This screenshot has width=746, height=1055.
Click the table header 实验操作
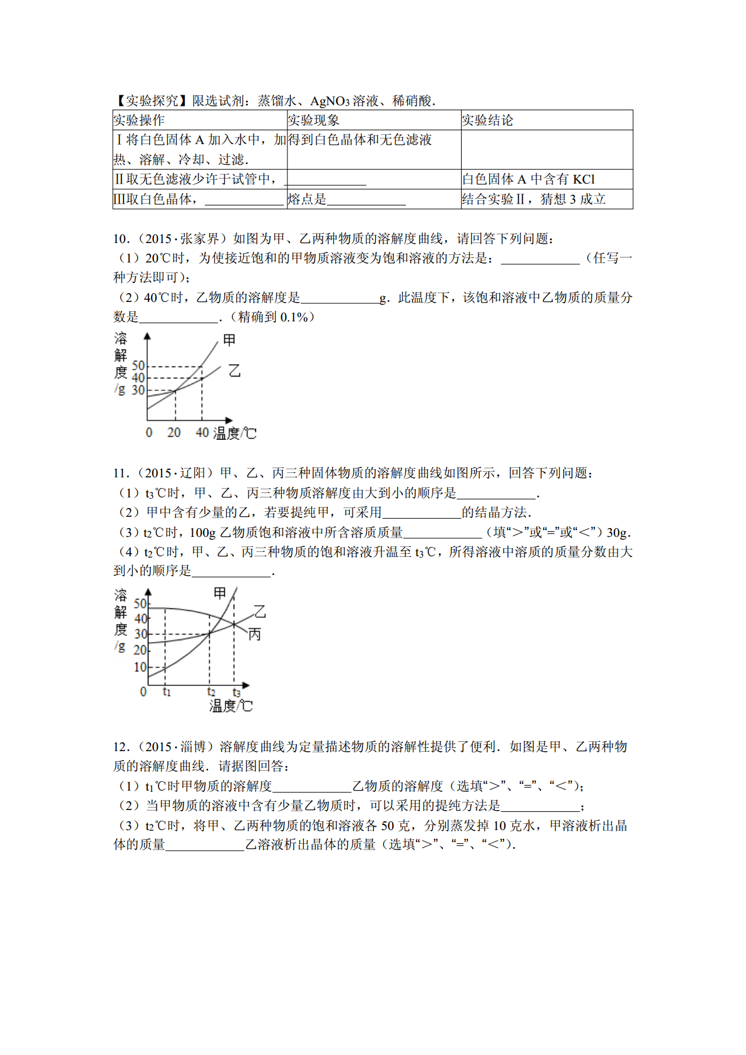pyautogui.click(x=139, y=120)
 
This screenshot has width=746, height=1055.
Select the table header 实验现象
pyautogui.click(x=314, y=120)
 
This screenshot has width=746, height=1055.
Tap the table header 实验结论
pyautogui.click(x=487, y=120)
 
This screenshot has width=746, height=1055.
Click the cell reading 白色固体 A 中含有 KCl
pyautogui.click(x=528, y=179)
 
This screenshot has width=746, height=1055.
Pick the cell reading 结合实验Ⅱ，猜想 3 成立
pyautogui.click(x=534, y=199)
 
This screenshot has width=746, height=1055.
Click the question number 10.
pyautogui.click(x=121, y=239)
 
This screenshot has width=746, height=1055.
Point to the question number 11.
pyautogui.click(x=121, y=473)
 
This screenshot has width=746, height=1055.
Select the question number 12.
pyautogui.click(x=121, y=747)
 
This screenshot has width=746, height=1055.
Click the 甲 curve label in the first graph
pyautogui.click(x=229, y=340)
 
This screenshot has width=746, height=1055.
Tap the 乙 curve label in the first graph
pyautogui.click(x=234, y=371)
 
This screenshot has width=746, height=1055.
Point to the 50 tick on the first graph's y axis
pyautogui.click(x=138, y=365)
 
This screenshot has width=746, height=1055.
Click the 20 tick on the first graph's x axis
pyautogui.click(x=174, y=433)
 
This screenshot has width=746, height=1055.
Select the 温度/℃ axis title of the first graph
pyautogui.click(x=235, y=434)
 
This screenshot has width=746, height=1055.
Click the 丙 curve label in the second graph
pyautogui.click(x=254, y=635)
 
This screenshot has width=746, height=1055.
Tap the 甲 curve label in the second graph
pyautogui.click(x=220, y=593)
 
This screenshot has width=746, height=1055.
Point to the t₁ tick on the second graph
pyautogui.click(x=167, y=692)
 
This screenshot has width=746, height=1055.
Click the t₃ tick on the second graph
pyautogui.click(x=236, y=692)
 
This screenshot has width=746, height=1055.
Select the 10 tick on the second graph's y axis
pyautogui.click(x=140, y=667)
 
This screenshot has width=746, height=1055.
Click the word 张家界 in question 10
pyautogui.click(x=200, y=239)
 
